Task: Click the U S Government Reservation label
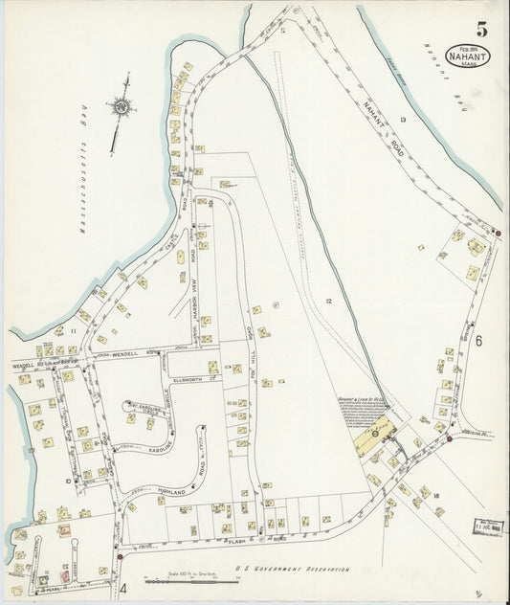point(292,569)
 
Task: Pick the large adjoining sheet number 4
point(123,587)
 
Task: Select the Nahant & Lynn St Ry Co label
point(362,402)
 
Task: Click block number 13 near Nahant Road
point(403,119)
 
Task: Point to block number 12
point(327,302)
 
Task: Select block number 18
point(435,495)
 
